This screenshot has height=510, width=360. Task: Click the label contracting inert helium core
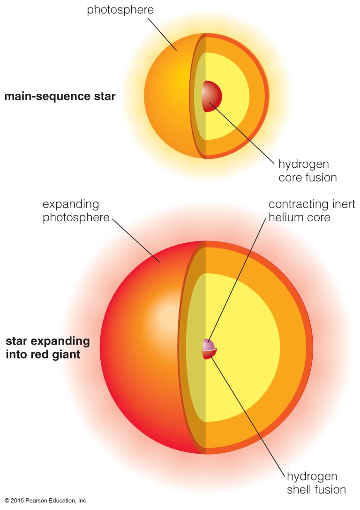coord(312,211)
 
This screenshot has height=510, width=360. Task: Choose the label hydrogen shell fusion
coord(316,483)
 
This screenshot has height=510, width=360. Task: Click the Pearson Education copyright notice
coord(46,501)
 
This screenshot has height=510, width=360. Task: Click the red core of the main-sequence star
coord(212,96)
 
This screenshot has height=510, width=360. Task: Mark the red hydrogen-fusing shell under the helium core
coord(209,354)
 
